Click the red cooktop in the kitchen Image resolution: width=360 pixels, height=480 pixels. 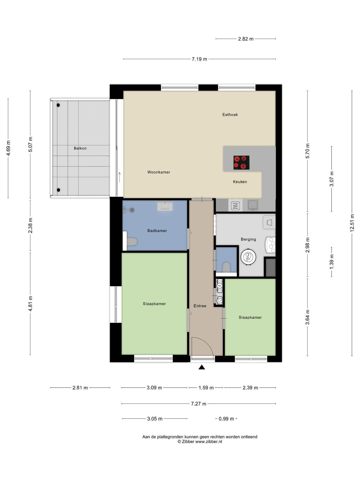[x=241, y=163]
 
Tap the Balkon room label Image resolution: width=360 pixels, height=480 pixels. [x=80, y=148]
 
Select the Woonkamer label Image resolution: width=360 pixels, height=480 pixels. [x=159, y=172]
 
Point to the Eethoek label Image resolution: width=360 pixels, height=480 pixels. [x=230, y=115]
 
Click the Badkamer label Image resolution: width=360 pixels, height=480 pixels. [x=157, y=231]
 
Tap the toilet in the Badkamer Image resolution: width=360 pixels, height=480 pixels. [x=132, y=242]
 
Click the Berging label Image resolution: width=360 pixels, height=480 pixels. [x=248, y=239]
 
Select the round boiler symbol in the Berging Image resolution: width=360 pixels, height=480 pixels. [x=248, y=257]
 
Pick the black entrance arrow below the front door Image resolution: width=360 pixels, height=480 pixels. [x=202, y=367]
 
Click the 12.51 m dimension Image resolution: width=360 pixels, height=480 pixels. [x=352, y=223]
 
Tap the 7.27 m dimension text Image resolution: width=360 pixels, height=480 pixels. [x=199, y=404]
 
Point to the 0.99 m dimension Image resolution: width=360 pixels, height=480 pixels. [x=226, y=419]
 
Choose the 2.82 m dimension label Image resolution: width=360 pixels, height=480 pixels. [x=246, y=39]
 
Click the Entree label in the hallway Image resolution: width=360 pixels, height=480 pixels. [x=200, y=306]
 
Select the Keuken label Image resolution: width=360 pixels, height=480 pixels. [x=240, y=182]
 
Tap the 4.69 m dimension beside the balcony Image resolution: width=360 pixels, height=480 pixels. [x=8, y=148]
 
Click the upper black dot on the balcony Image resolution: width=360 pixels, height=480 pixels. [x=58, y=105]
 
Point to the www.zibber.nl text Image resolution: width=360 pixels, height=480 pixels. [x=208, y=442]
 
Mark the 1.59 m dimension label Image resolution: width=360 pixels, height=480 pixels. [x=206, y=388]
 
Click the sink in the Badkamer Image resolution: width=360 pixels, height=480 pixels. [x=165, y=206]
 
